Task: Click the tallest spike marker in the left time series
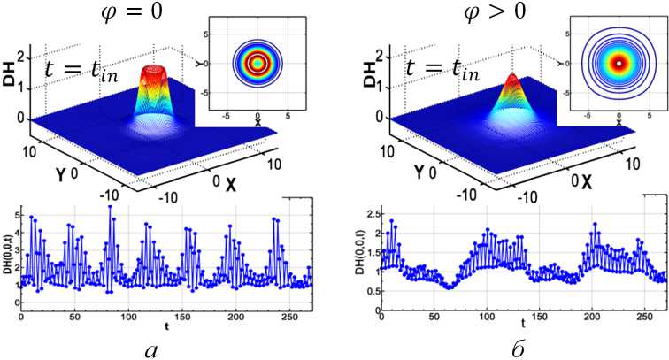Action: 110,207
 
